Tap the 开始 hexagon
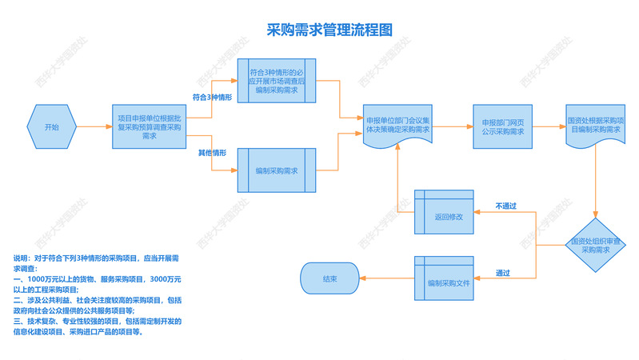(51, 126)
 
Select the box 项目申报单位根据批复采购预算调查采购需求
(149, 126)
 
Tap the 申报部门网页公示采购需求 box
(503, 126)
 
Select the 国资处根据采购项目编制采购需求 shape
(595, 124)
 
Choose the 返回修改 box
(443, 215)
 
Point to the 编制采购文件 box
(443, 282)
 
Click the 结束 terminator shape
(329, 279)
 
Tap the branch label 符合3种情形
(212, 97)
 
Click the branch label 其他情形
(212, 152)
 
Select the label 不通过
(505, 206)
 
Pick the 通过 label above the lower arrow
(504, 272)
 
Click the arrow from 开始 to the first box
(94, 126)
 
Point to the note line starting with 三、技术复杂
(98, 322)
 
